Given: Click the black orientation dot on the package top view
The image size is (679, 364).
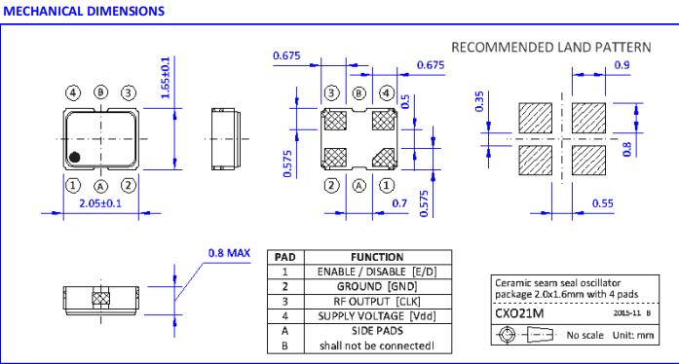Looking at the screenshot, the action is [75, 157].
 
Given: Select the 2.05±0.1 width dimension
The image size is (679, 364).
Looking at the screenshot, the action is [100, 203].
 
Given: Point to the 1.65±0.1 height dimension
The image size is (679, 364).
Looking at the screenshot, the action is [166, 78].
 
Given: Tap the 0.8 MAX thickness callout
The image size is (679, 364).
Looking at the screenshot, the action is [229, 253].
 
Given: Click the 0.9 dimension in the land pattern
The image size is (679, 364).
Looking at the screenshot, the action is [622, 65].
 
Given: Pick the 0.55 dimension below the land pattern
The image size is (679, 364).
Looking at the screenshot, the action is [602, 203].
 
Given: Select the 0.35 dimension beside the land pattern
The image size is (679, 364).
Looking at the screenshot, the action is [479, 102].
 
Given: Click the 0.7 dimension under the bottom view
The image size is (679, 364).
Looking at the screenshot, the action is [399, 203].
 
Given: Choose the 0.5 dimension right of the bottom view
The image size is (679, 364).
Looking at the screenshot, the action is [405, 102].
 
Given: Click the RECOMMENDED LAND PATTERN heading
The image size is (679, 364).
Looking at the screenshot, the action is [551, 47].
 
